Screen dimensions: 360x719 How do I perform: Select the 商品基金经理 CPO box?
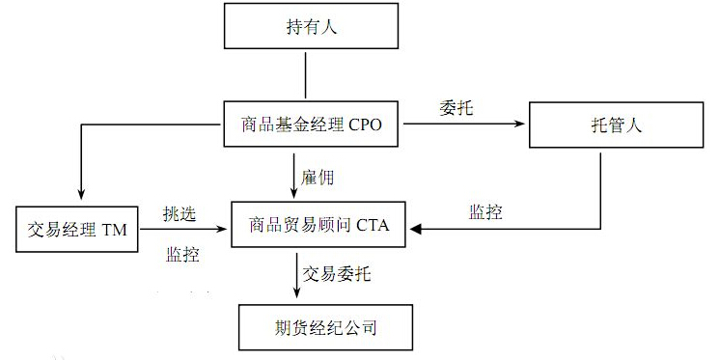pos(311,123)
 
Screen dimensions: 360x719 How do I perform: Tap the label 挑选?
pos(180,214)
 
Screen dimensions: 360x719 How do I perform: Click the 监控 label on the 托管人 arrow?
pos(485,212)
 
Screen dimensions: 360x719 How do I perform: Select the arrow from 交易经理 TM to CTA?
pos(188,230)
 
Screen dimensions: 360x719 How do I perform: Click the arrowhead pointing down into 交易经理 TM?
pos(79,196)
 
